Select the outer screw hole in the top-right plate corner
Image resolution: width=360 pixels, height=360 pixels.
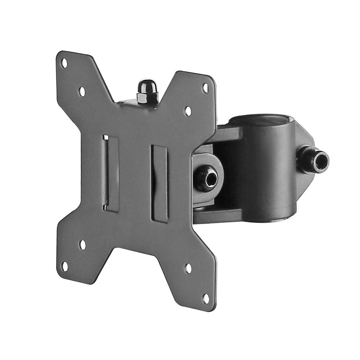(x=205, y=87)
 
